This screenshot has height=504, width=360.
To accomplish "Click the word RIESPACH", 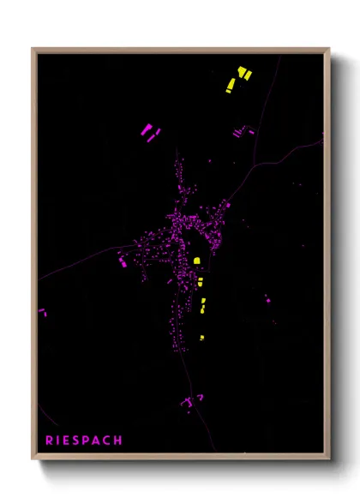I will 84,441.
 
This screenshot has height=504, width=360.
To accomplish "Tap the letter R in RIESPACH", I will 50,441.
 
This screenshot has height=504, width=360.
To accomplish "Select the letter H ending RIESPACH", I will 118,441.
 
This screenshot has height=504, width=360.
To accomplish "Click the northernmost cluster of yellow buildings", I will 237,79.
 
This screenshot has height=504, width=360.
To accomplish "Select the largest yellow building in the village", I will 196,261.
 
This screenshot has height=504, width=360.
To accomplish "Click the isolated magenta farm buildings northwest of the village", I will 149,133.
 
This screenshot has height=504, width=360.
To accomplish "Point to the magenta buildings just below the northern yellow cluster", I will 243,132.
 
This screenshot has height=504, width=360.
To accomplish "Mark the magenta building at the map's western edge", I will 40,312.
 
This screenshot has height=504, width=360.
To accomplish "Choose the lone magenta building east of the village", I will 267,298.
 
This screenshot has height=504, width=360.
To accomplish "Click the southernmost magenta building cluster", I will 190,400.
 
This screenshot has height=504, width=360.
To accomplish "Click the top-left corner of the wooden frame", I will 33,49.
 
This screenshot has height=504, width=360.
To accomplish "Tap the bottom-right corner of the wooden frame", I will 328,459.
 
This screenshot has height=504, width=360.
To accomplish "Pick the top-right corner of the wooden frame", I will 328,49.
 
